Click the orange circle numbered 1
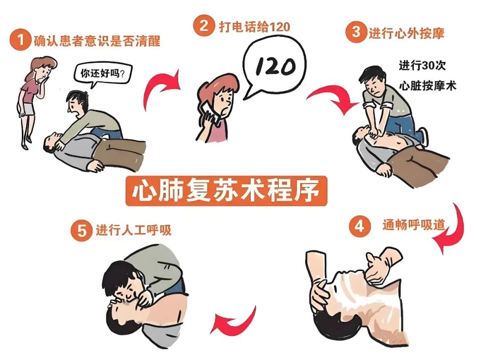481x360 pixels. [20, 41]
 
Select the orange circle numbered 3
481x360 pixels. [355, 32]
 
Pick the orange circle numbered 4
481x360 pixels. [359, 227]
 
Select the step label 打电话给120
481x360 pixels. [254, 26]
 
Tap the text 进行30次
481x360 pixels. [422, 65]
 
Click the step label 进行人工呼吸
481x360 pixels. [133, 231]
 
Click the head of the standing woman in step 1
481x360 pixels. [44, 68]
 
